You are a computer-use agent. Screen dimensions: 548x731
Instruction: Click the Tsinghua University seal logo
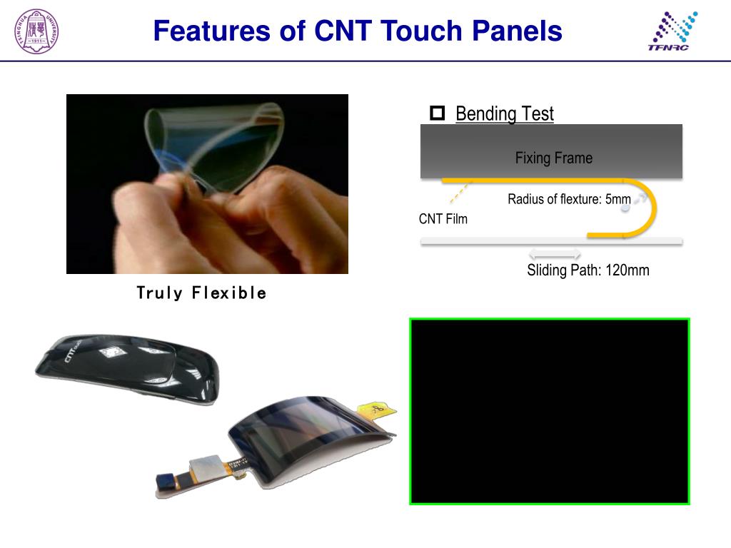36,31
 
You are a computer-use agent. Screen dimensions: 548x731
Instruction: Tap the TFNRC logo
672,31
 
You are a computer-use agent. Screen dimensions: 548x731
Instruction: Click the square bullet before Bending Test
437,113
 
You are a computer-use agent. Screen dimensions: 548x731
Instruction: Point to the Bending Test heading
504,113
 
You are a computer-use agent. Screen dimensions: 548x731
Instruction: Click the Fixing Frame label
553,158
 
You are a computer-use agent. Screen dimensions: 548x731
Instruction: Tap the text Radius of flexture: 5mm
569,199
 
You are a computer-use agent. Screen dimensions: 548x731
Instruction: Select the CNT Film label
443,219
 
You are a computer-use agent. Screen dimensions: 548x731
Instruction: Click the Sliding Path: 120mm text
588,270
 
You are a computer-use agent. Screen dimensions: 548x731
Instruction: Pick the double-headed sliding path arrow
555,255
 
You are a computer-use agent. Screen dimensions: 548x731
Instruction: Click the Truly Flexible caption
201,293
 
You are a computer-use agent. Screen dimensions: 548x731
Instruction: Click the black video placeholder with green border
549,411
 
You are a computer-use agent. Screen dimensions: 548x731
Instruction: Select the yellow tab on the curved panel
376,411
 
